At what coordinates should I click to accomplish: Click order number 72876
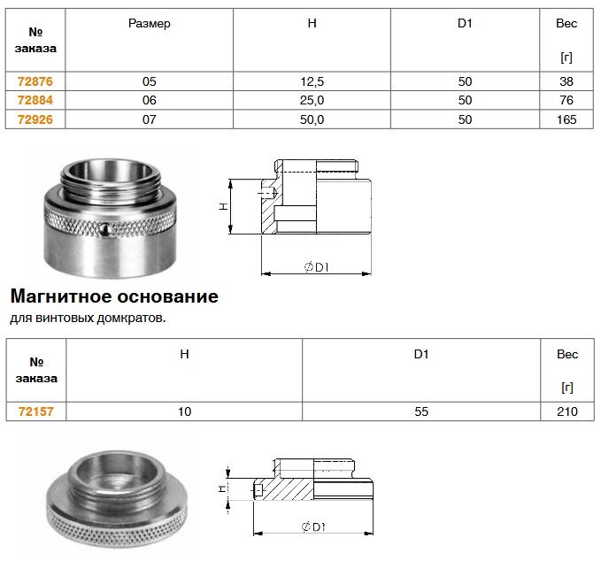coord(35,81)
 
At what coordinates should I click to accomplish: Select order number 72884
coord(35,100)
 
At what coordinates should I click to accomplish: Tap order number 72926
coord(35,119)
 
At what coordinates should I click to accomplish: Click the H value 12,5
coord(312,81)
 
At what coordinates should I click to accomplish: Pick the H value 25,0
coord(312,100)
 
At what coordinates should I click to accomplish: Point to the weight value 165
coord(566,119)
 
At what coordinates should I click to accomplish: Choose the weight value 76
coord(566,100)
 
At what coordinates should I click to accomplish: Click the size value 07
coord(149,119)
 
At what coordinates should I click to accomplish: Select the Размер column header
coord(149,24)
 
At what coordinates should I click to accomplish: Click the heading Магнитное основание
coord(114,296)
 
